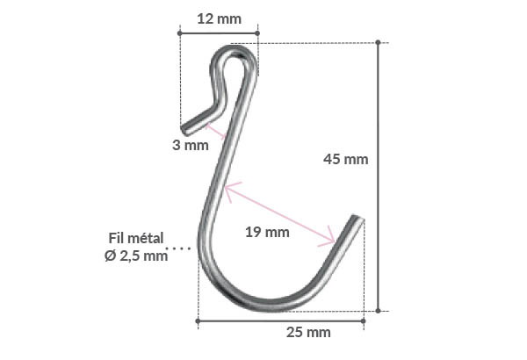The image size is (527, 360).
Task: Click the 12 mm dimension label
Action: [x=218, y=18]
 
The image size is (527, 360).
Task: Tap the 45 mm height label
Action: [x=345, y=159]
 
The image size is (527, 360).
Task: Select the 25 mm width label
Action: [x=308, y=332]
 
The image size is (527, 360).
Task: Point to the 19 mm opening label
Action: [x=266, y=232]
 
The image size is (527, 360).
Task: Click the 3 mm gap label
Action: [x=190, y=145]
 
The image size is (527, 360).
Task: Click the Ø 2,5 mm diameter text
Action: [x=134, y=256]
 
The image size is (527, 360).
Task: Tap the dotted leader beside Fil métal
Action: [x=181, y=248]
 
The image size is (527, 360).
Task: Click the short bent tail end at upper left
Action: [x=187, y=129]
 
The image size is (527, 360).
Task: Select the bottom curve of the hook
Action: [x=263, y=303]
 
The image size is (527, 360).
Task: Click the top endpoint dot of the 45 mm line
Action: [x=379, y=41]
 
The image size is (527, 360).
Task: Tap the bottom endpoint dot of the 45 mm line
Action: [x=379, y=310]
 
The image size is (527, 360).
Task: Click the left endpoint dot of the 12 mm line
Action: [x=179, y=33]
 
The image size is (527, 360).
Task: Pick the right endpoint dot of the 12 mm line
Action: [x=258, y=33]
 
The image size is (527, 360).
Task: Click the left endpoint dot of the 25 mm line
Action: [x=197, y=320]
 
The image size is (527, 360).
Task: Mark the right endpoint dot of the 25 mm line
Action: [x=363, y=320]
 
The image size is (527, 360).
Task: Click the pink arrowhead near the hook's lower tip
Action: [x=330, y=238]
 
